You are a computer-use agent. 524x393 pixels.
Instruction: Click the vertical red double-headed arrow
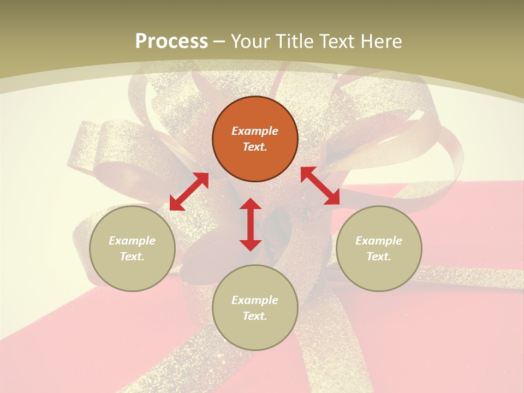tap(251, 224)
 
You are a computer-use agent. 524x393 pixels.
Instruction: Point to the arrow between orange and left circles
tap(189, 192)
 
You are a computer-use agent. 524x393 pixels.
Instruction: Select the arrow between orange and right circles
tap(320, 186)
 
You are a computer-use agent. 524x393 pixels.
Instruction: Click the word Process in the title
tap(171, 41)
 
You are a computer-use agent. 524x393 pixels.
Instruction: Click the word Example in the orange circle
tap(255, 131)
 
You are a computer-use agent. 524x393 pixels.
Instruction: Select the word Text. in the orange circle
tap(255, 147)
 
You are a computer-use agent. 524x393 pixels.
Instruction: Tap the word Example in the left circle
tap(132, 241)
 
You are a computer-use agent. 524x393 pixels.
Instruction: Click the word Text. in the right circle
tap(379, 257)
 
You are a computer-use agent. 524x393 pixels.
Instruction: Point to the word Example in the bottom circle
tap(255, 300)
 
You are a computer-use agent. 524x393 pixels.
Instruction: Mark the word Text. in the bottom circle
tap(255, 316)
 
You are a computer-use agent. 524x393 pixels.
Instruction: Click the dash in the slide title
tap(219, 41)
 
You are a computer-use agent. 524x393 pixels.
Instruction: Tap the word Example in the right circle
tap(379, 241)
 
